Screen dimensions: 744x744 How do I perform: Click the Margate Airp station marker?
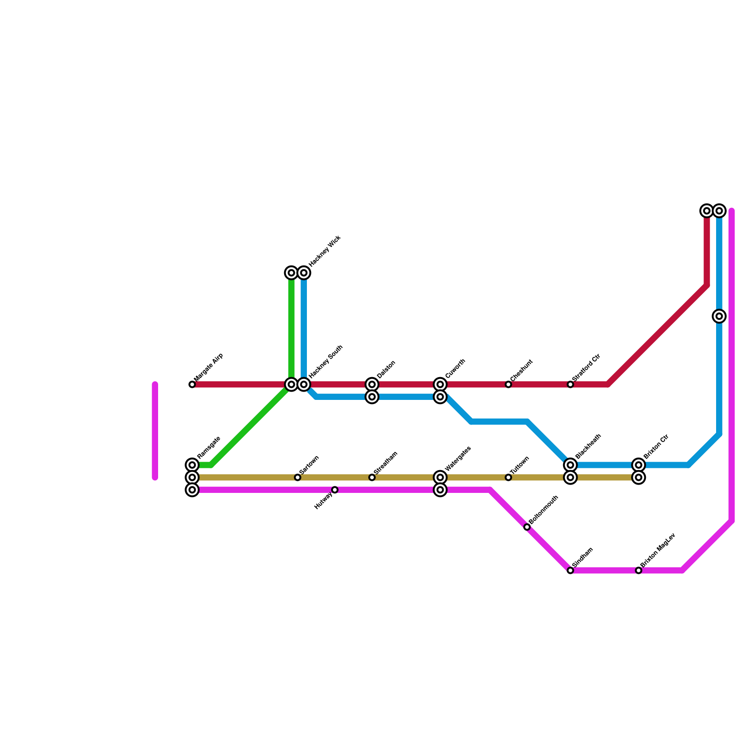click(x=192, y=385)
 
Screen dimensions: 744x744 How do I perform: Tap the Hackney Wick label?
click(x=325, y=251)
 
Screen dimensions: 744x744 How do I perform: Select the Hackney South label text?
click(x=325, y=361)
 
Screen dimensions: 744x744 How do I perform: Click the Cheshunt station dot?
click(x=508, y=385)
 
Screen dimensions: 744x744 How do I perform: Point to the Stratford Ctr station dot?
click(x=571, y=385)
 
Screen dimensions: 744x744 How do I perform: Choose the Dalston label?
click(x=386, y=369)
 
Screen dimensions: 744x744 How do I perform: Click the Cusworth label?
click(x=455, y=369)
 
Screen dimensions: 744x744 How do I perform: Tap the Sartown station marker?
click(x=298, y=478)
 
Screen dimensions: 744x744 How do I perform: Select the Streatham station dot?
click(x=372, y=478)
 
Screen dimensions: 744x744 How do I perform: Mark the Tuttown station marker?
click(x=508, y=478)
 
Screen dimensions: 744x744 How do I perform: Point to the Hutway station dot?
click(x=335, y=490)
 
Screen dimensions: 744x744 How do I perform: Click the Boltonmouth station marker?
click(x=527, y=527)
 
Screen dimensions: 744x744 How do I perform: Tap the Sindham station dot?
click(x=571, y=571)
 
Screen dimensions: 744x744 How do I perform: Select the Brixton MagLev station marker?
click(x=639, y=571)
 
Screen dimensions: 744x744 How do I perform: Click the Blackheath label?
click(x=588, y=445)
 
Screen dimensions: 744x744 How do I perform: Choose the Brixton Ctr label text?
click(x=656, y=446)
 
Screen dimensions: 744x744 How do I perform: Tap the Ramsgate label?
click(x=208, y=447)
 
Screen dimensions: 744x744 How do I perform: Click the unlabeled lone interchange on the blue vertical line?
click(x=719, y=317)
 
